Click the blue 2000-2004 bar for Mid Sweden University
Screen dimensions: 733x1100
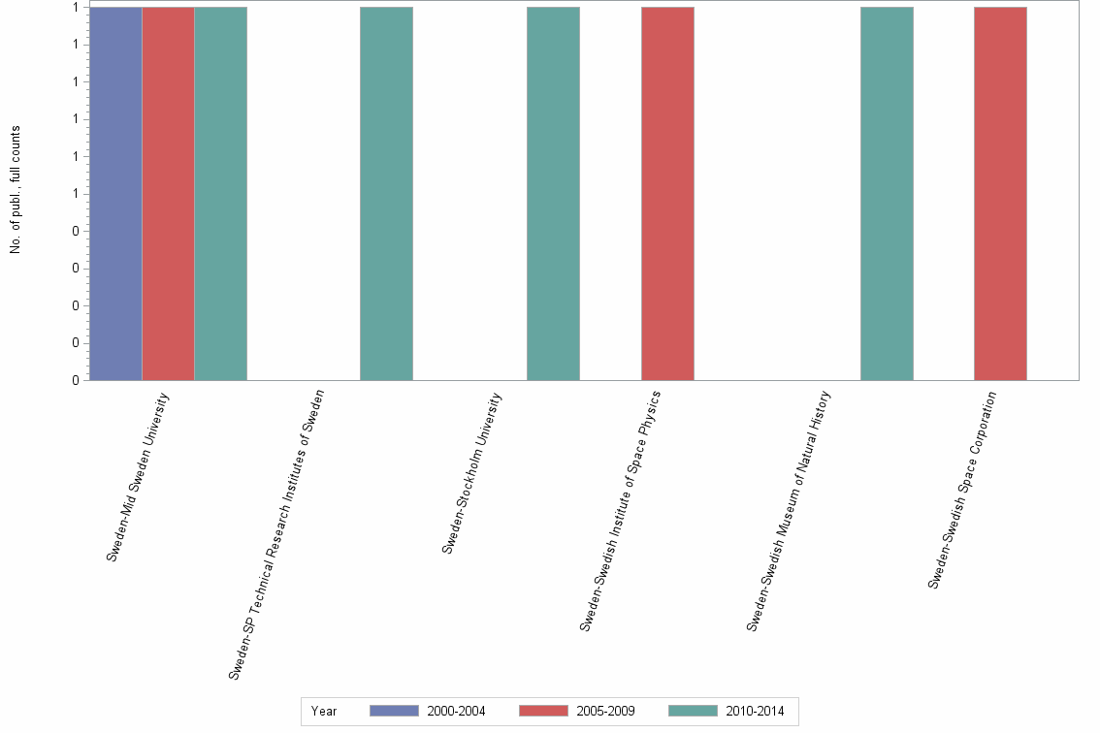[x=115, y=194]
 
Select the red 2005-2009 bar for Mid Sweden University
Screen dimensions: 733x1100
[x=168, y=194]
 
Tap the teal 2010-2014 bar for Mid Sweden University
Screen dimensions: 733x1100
[x=220, y=194]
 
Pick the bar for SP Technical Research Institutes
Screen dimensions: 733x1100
[x=386, y=194]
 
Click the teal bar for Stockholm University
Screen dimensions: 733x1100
[x=553, y=194]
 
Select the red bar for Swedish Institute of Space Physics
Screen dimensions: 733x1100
[x=667, y=194]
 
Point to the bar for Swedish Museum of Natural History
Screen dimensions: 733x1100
[x=887, y=194]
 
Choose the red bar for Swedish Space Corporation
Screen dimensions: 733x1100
[x=1000, y=194]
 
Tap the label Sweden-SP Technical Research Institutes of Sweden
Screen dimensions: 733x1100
[x=276, y=534]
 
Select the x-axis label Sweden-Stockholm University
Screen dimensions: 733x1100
[x=472, y=473]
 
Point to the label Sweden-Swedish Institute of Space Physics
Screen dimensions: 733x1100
[x=620, y=511]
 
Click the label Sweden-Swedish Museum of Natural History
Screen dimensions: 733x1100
[x=789, y=511]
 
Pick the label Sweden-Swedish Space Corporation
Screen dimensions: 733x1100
[x=962, y=490]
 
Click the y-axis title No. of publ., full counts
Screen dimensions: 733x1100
[x=16, y=190]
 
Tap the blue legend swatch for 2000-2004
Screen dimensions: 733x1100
[x=394, y=712]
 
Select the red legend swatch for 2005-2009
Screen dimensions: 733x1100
[x=543, y=712]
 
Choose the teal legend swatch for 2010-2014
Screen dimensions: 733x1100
[x=693, y=712]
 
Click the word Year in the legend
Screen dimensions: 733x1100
[x=324, y=712]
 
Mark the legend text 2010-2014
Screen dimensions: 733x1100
[x=755, y=712]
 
